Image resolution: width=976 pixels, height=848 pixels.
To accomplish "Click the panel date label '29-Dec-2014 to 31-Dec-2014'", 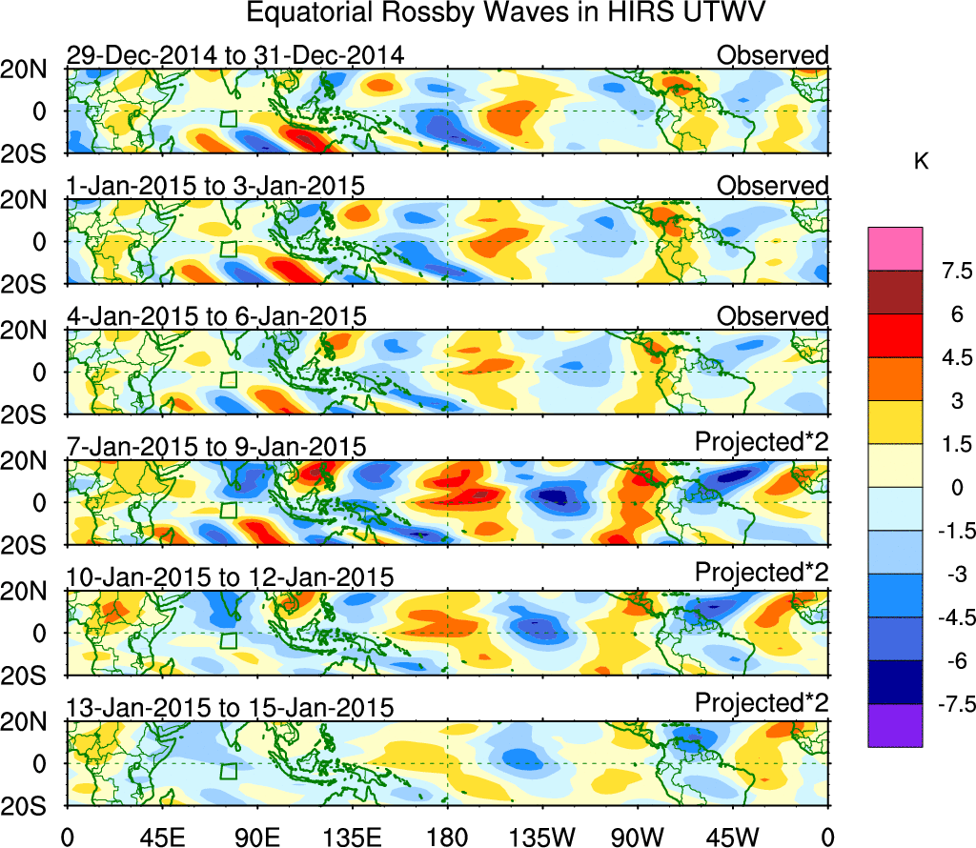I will pyautogui.click(x=234, y=55).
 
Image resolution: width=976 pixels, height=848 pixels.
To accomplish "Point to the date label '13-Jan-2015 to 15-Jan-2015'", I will pyautogui.click(x=230, y=707).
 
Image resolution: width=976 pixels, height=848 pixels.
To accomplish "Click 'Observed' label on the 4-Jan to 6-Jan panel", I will pyautogui.click(x=773, y=315).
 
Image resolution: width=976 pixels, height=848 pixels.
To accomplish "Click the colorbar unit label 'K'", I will pyautogui.click(x=921, y=163).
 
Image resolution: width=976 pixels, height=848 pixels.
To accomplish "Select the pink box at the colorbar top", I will pyautogui.click(x=895, y=248).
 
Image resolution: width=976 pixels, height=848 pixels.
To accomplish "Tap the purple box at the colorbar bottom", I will pyautogui.click(x=895, y=725).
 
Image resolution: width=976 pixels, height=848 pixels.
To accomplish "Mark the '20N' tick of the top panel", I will pyautogui.click(x=32, y=70).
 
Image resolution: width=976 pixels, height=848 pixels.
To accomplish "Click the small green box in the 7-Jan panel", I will pyautogui.click(x=228, y=510).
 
